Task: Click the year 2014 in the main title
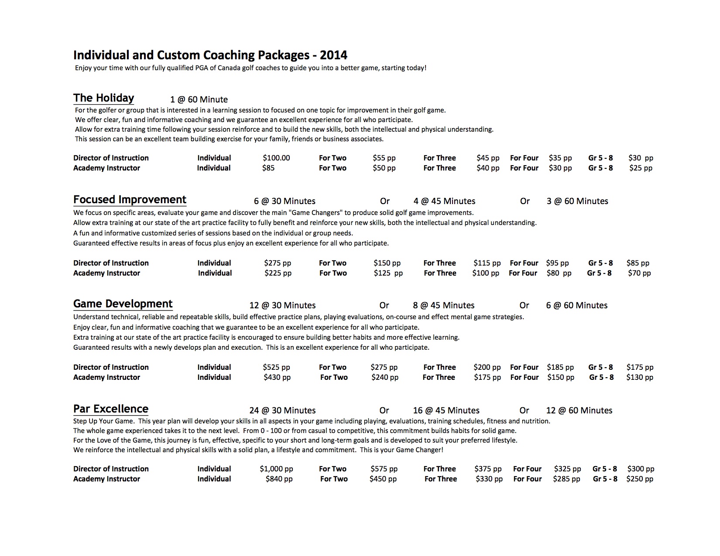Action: point(333,55)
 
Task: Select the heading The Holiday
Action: point(103,98)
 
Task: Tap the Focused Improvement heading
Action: point(130,200)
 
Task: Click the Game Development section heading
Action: point(123,304)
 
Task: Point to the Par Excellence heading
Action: point(111,409)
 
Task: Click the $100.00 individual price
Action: point(276,158)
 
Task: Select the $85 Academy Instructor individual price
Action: point(268,168)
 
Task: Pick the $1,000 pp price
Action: point(276,469)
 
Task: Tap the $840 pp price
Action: point(279,479)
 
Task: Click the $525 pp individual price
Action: point(277,367)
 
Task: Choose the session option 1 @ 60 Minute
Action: point(199,99)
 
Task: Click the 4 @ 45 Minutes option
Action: point(444,201)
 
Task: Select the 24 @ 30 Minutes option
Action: point(282,410)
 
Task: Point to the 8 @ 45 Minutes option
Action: point(444,305)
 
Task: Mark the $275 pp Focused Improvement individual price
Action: point(278,263)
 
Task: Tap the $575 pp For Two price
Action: point(384,469)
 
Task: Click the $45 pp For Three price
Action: point(488,158)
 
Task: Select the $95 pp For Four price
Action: point(557,263)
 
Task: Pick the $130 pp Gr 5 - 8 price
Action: point(639,377)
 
